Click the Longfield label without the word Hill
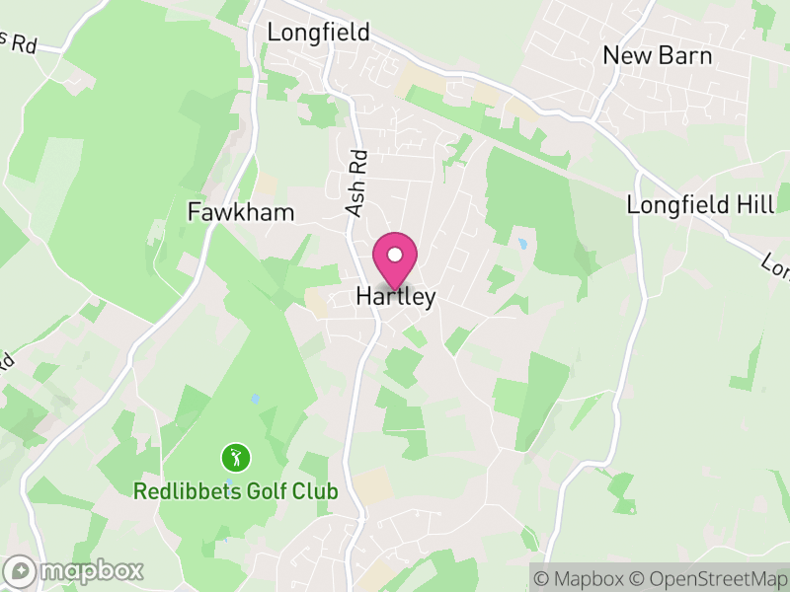[318, 33]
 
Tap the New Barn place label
[658, 55]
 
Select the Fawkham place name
[241, 212]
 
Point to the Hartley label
[395, 297]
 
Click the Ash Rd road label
[356, 183]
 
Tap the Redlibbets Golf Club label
[236, 491]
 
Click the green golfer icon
[236, 458]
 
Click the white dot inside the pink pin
[395, 255]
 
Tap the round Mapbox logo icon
[21, 570]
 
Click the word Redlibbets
[185, 491]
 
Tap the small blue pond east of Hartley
[521, 243]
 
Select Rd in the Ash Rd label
[359, 162]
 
